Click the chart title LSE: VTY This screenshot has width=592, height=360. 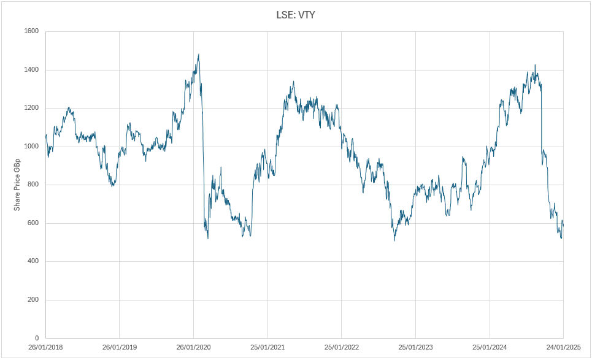click(x=296, y=14)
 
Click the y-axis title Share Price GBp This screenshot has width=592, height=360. click(x=17, y=185)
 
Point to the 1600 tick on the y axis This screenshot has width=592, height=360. click(x=31, y=31)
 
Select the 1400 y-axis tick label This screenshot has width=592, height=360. click(x=31, y=70)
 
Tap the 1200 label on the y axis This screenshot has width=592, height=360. click(x=31, y=108)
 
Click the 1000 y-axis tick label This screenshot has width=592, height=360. click(x=31, y=147)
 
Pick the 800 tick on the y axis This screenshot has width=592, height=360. click(x=33, y=185)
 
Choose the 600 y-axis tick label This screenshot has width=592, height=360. click(x=33, y=223)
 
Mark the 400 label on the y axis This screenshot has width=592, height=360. click(x=33, y=261)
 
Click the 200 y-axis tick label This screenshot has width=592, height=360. click(x=33, y=300)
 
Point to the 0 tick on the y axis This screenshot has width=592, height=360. click(x=37, y=338)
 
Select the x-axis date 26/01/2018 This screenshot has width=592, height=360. click(x=45, y=348)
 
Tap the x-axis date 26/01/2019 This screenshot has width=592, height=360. click(x=120, y=348)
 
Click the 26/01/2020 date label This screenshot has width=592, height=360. click(x=193, y=348)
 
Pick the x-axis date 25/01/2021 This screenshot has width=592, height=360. click(x=267, y=348)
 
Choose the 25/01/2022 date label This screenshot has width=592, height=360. click(x=342, y=348)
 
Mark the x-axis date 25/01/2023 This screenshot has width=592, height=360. click(x=415, y=348)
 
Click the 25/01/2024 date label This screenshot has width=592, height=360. click(x=490, y=348)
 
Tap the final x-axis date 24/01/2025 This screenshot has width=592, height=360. click(x=563, y=348)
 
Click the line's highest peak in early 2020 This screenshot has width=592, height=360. click(x=199, y=55)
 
